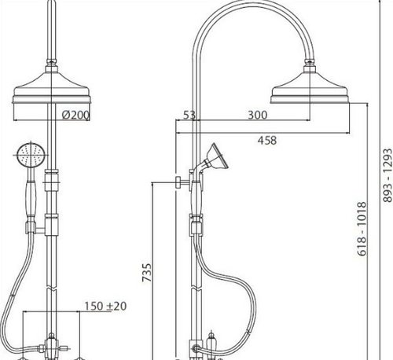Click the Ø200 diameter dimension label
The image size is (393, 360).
click(x=75, y=115)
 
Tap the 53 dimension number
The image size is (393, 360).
click(x=189, y=115)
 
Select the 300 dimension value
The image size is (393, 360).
click(x=258, y=115)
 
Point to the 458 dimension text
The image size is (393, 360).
click(x=266, y=141)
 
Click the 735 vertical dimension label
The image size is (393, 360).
click(x=147, y=273)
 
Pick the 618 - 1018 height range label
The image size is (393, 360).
click(x=362, y=229)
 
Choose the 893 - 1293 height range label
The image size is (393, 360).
click(x=387, y=175)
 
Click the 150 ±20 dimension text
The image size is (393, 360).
click(x=105, y=306)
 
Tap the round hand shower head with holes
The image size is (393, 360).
click(x=31, y=155)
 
